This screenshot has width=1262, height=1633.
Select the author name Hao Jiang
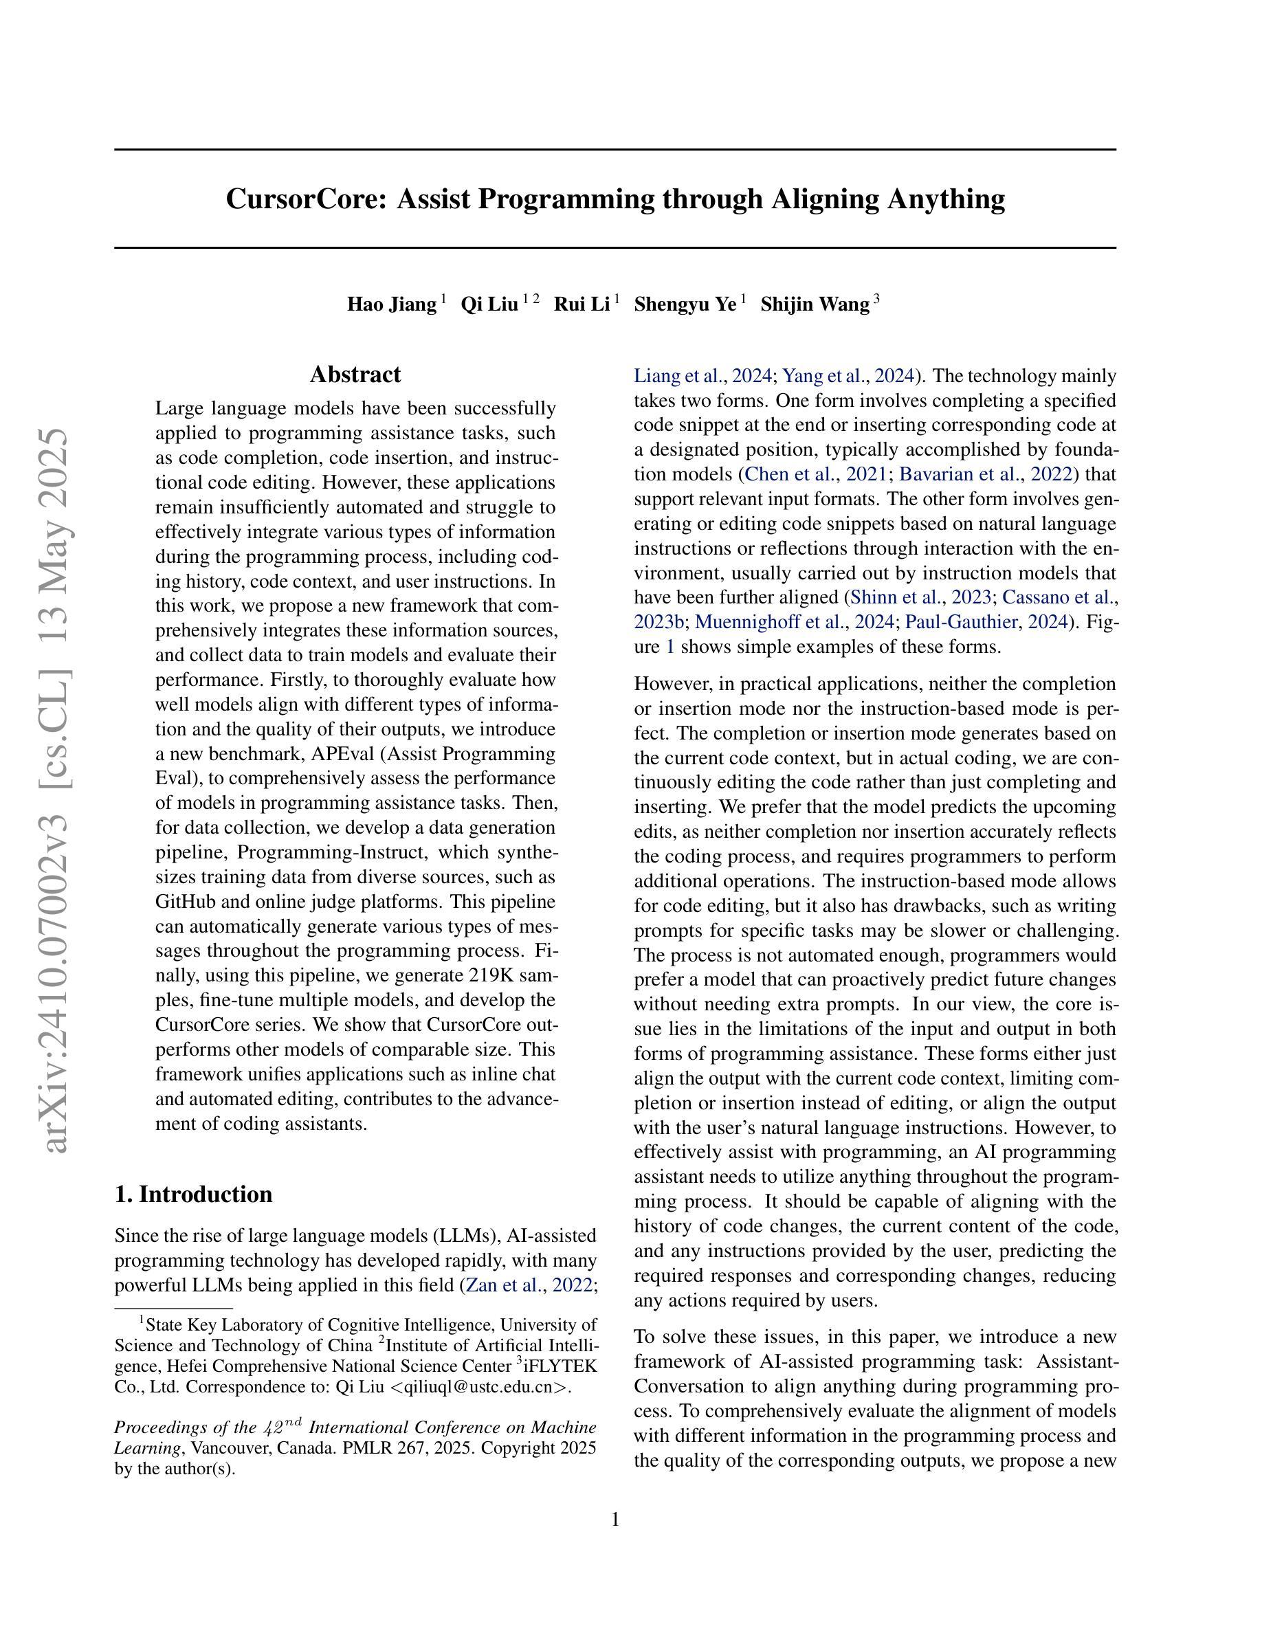391,305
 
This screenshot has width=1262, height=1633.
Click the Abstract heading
355,375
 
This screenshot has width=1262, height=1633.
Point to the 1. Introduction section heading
194,1195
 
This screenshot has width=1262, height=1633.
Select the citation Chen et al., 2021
816,474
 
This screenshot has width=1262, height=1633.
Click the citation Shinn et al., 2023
921,597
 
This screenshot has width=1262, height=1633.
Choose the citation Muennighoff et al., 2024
795,622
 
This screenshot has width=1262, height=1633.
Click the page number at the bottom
615,1520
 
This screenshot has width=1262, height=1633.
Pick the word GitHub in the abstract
186,902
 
